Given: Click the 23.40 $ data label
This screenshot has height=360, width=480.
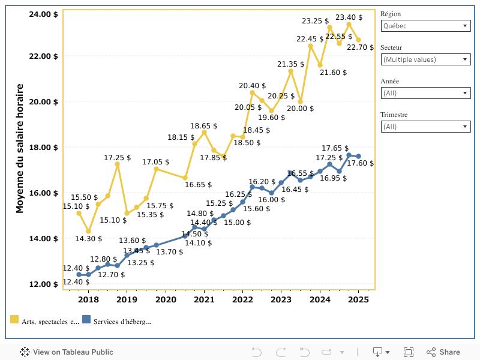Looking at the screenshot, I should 348,17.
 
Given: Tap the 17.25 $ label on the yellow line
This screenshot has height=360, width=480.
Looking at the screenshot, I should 116,158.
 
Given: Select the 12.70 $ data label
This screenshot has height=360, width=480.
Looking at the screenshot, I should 112,275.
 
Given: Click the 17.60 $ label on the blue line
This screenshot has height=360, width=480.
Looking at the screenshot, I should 361,163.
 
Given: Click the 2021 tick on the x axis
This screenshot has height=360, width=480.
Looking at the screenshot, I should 204,299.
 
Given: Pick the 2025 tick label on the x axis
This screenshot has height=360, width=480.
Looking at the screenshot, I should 358,299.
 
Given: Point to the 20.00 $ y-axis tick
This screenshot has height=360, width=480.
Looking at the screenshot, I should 44,101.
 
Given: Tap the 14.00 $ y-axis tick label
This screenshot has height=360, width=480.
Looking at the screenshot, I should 44,238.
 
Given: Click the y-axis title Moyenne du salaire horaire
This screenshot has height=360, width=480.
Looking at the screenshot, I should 20,148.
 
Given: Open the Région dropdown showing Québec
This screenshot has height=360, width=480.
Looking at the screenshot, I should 426,26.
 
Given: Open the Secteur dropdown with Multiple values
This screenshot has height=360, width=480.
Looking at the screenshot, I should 426,59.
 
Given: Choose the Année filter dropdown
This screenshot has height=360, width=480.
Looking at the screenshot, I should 426,93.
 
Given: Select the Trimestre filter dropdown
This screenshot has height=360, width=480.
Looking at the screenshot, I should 426,127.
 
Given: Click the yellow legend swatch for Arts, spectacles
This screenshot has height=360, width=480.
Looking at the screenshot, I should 14,320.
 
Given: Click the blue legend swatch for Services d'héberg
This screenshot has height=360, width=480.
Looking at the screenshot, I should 86,320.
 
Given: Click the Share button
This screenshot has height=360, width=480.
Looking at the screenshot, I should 443,352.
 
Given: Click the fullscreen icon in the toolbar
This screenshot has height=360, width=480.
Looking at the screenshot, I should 409,352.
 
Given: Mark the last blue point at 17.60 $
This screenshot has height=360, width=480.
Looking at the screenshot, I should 358,156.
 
